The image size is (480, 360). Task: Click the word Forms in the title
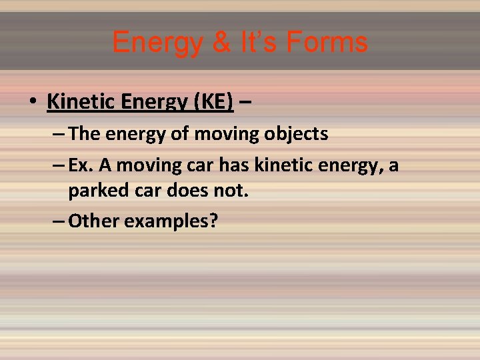click(328, 42)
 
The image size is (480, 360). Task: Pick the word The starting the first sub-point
click(83, 133)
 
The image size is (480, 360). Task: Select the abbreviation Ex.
click(81, 163)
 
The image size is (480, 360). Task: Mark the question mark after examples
click(213, 221)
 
